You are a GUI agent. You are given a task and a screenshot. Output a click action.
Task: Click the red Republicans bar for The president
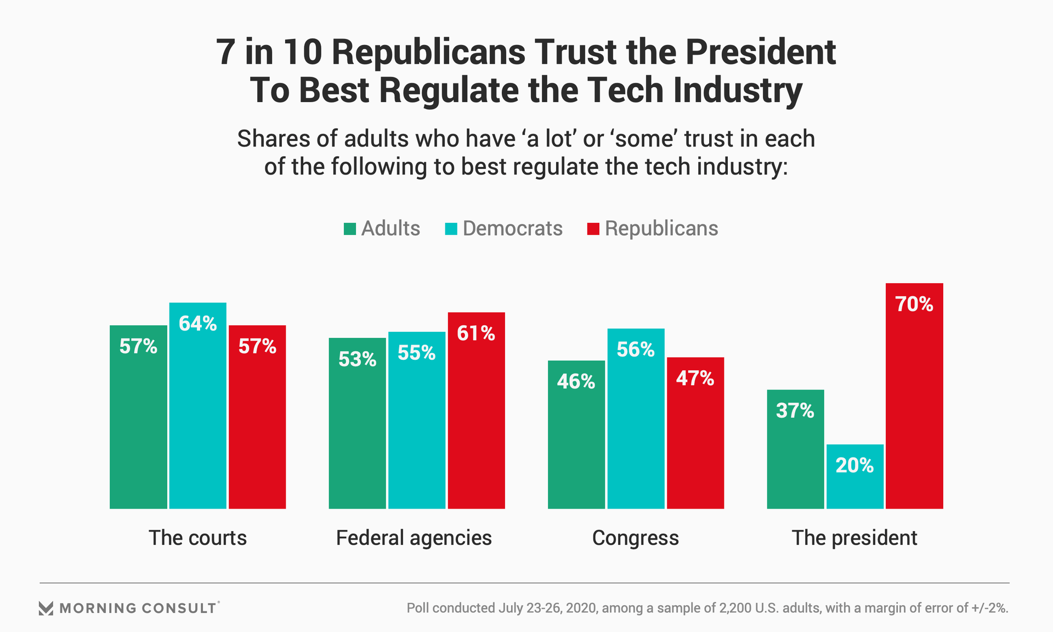(914, 396)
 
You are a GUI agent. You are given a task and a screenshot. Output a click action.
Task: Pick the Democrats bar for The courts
(197, 405)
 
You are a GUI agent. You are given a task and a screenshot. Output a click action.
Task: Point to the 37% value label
(795, 410)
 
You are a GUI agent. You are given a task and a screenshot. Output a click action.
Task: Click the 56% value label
(635, 349)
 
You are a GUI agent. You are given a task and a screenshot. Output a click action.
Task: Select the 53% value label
(357, 359)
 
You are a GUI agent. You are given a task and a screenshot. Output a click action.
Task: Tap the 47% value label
(695, 379)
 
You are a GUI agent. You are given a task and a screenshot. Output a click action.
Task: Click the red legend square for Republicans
(593, 229)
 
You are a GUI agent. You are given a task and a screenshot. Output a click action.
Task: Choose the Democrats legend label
(512, 228)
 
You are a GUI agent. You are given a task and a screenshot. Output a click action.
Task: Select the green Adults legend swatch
(350, 229)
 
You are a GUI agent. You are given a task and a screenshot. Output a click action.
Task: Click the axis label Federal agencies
(414, 538)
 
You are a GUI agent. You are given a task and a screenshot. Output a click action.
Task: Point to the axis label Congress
(635, 538)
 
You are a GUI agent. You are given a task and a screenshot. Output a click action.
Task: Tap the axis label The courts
(197, 538)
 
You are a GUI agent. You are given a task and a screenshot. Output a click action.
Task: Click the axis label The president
(854, 538)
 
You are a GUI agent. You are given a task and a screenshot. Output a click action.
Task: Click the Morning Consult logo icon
(46, 608)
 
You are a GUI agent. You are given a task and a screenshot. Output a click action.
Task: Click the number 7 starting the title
(226, 52)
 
